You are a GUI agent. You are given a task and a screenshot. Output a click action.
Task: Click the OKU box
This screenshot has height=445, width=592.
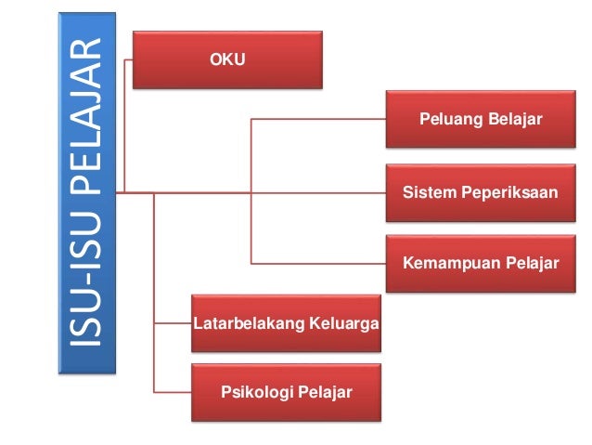tap(228, 60)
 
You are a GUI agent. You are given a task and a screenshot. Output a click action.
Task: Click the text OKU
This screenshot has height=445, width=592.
tap(228, 60)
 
